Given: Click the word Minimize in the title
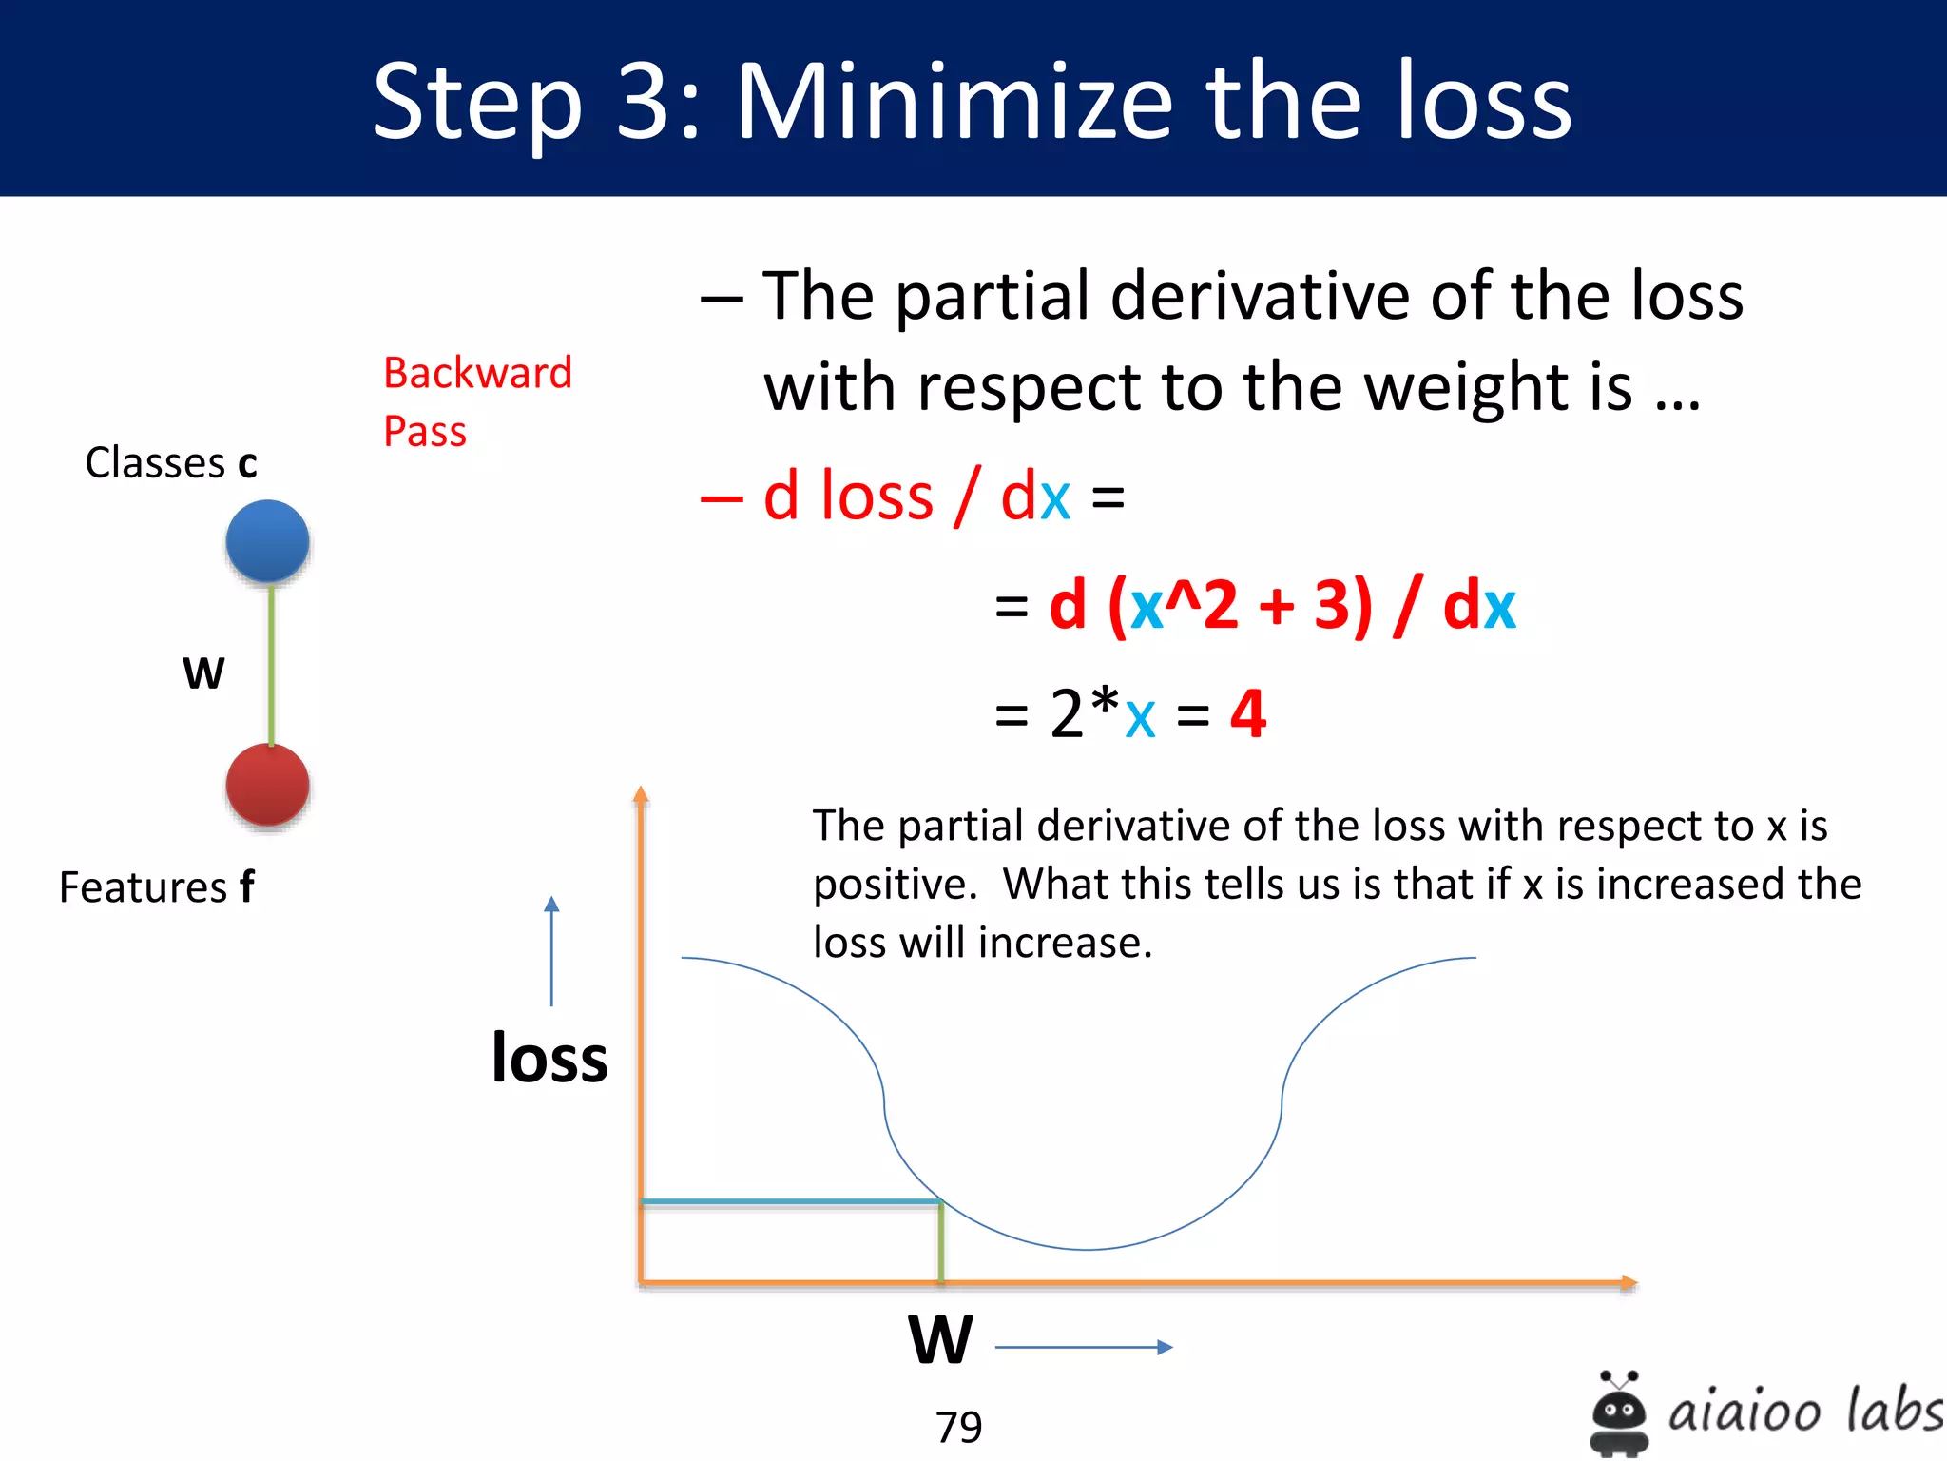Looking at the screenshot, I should coord(955,102).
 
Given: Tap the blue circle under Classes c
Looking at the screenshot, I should coord(267,540).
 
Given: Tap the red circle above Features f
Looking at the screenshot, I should coord(267,785).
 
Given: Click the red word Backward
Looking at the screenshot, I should coord(477,373).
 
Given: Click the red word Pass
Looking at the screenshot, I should coord(425,432).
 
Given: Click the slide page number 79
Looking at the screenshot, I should coord(958,1427).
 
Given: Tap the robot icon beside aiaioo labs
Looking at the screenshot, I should coord(1619,1412).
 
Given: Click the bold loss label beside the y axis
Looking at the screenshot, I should coord(549,1058).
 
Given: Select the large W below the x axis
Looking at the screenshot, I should coord(940,1340).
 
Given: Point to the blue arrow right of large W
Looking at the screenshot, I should coord(1084,1347).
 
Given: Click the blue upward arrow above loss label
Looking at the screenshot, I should coord(551,951).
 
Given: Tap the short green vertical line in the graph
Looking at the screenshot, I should coord(941,1242).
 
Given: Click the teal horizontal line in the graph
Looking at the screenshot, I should coord(789,1202).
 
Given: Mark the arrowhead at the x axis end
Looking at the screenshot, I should coord(1628,1283).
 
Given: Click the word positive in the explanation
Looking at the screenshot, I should coord(894,885).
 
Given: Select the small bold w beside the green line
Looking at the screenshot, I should coord(203,672).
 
